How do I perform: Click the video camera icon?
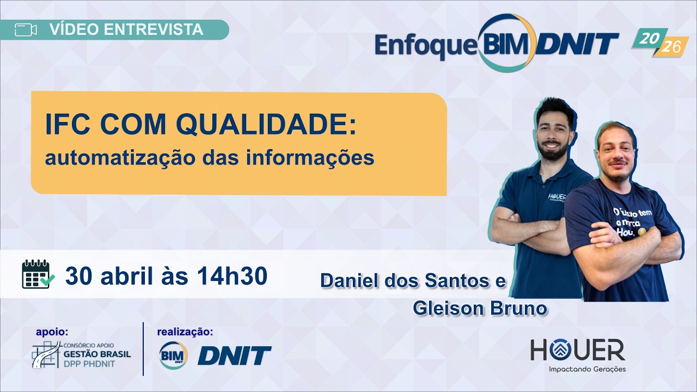coord(26,30)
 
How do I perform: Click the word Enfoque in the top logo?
coord(425,46)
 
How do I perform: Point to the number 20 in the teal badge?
coord(647,38)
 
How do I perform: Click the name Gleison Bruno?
coord(480,308)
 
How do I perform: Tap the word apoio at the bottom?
coord(52,332)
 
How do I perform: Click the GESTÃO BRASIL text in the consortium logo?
coord(97,353)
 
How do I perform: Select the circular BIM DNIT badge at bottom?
coord(173,356)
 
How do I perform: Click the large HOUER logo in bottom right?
coord(578,350)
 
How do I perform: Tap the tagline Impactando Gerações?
coord(587,369)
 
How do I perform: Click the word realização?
coord(185,332)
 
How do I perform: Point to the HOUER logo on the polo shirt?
coord(558,197)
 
